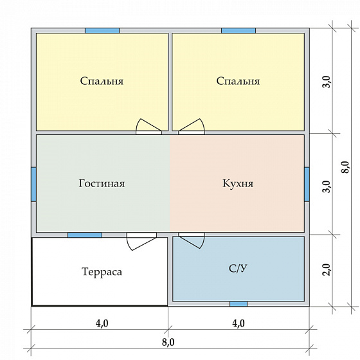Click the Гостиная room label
102,183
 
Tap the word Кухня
238,183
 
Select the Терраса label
102,272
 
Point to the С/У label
238,268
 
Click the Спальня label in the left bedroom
102,81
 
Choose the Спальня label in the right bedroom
238,81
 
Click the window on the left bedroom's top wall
102,30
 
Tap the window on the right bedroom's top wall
239,30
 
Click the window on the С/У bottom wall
239,303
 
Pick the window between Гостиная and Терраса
85,235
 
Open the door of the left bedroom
148,127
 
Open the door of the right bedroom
192,127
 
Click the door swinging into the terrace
141,240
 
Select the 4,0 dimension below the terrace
102,323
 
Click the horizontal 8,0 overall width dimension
170,341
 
